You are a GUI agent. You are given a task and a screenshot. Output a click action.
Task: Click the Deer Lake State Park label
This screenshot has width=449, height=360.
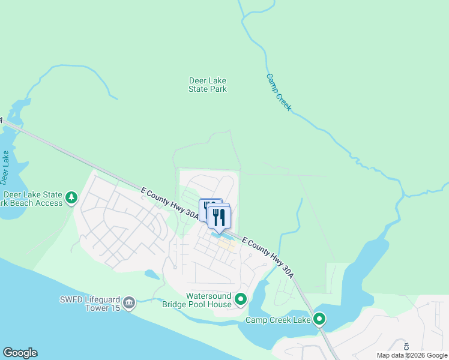[x=208, y=85]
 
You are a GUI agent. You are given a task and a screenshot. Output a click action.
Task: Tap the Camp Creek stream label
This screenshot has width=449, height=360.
[x=279, y=92]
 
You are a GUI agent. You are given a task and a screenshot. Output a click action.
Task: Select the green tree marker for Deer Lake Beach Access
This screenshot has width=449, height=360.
[x=71, y=197]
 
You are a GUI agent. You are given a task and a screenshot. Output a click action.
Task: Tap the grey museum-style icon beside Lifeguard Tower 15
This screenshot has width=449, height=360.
[x=129, y=304]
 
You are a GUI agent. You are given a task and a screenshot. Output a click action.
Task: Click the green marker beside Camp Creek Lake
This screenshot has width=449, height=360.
[x=320, y=319]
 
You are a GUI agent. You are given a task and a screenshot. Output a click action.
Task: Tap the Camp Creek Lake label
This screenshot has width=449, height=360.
[x=278, y=320]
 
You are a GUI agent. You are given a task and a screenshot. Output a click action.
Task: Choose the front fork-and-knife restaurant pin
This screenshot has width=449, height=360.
[x=219, y=217]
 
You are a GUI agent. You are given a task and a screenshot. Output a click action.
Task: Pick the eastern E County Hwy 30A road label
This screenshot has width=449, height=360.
[x=268, y=257]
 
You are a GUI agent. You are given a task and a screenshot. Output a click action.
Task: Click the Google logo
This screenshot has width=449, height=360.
[x=20, y=353]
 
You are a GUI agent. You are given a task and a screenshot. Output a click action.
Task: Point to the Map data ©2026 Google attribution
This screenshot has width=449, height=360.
[x=411, y=355]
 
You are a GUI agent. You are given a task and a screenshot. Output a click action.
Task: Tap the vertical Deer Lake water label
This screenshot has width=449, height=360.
[x=5, y=167]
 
